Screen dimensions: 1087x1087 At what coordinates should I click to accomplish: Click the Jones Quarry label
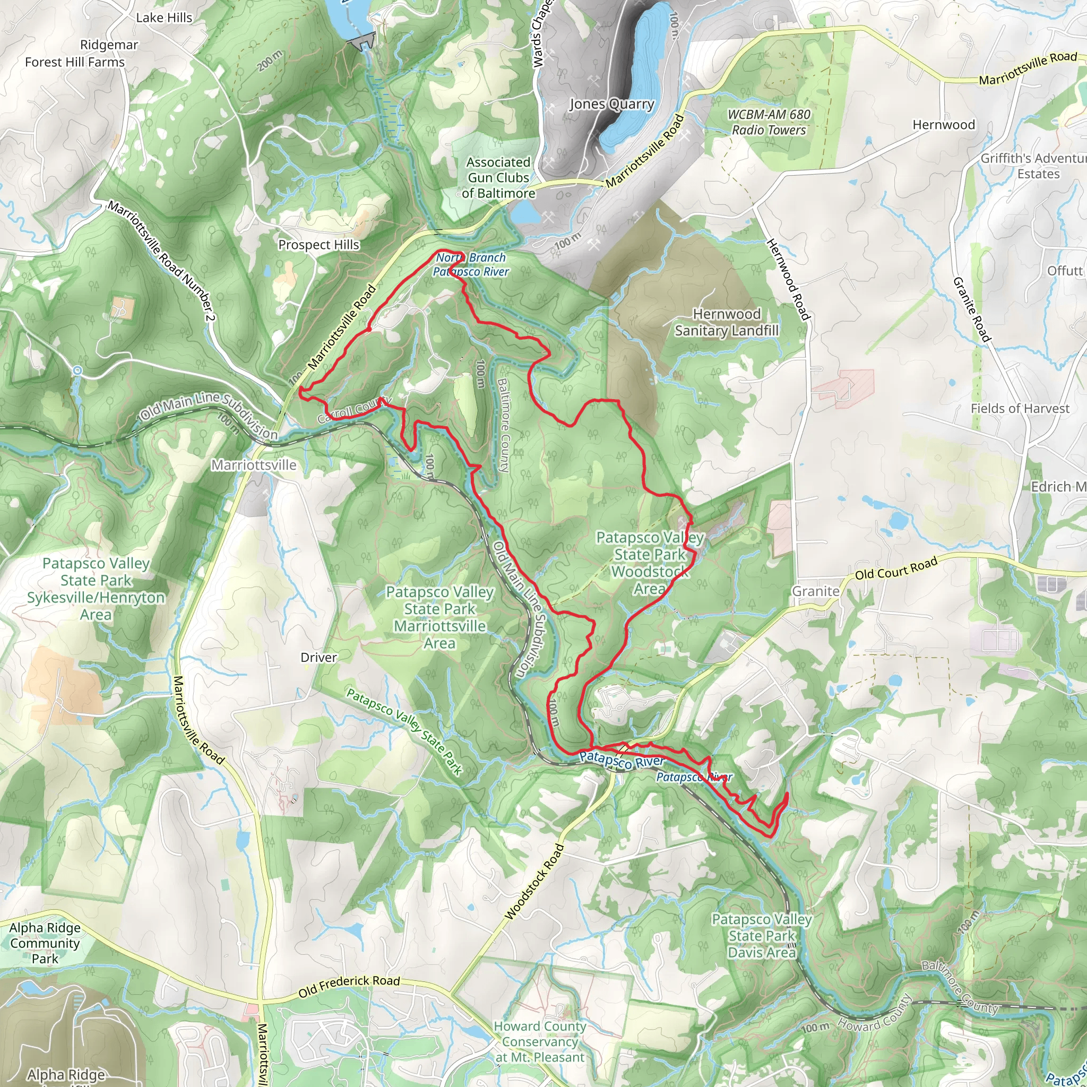click(611, 104)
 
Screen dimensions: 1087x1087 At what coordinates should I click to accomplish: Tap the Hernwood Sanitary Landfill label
click(727, 322)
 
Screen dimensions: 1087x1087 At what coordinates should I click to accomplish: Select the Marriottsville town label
click(253, 465)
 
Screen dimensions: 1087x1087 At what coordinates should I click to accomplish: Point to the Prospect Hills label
click(318, 245)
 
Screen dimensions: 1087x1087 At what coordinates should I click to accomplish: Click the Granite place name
click(815, 591)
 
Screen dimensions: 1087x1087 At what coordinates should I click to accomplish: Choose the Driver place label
click(318, 657)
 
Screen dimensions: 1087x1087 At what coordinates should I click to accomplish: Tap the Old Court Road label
click(896, 568)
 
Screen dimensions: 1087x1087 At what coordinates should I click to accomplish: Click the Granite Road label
click(971, 309)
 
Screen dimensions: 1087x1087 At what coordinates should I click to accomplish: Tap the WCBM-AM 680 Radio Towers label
click(769, 122)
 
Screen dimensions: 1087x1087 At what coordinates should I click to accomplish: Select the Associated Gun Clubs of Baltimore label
click(498, 178)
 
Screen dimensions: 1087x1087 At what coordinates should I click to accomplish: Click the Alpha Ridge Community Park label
click(45, 943)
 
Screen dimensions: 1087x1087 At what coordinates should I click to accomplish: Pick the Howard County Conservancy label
click(540, 1041)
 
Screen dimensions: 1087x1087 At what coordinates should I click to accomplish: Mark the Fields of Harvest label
click(1020, 409)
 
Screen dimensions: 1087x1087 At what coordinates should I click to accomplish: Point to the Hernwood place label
click(944, 125)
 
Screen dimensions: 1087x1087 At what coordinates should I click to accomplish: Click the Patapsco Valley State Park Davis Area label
click(761, 936)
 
